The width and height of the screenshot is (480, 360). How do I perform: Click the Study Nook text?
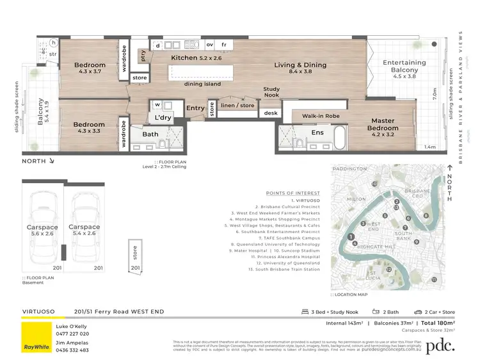[x=271, y=92]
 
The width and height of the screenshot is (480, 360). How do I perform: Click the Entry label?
[x=195, y=108]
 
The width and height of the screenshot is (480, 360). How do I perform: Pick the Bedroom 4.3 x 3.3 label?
[x=88, y=127]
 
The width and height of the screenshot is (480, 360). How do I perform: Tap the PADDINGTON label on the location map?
[x=350, y=169]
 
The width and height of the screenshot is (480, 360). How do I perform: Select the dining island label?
[x=202, y=83]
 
